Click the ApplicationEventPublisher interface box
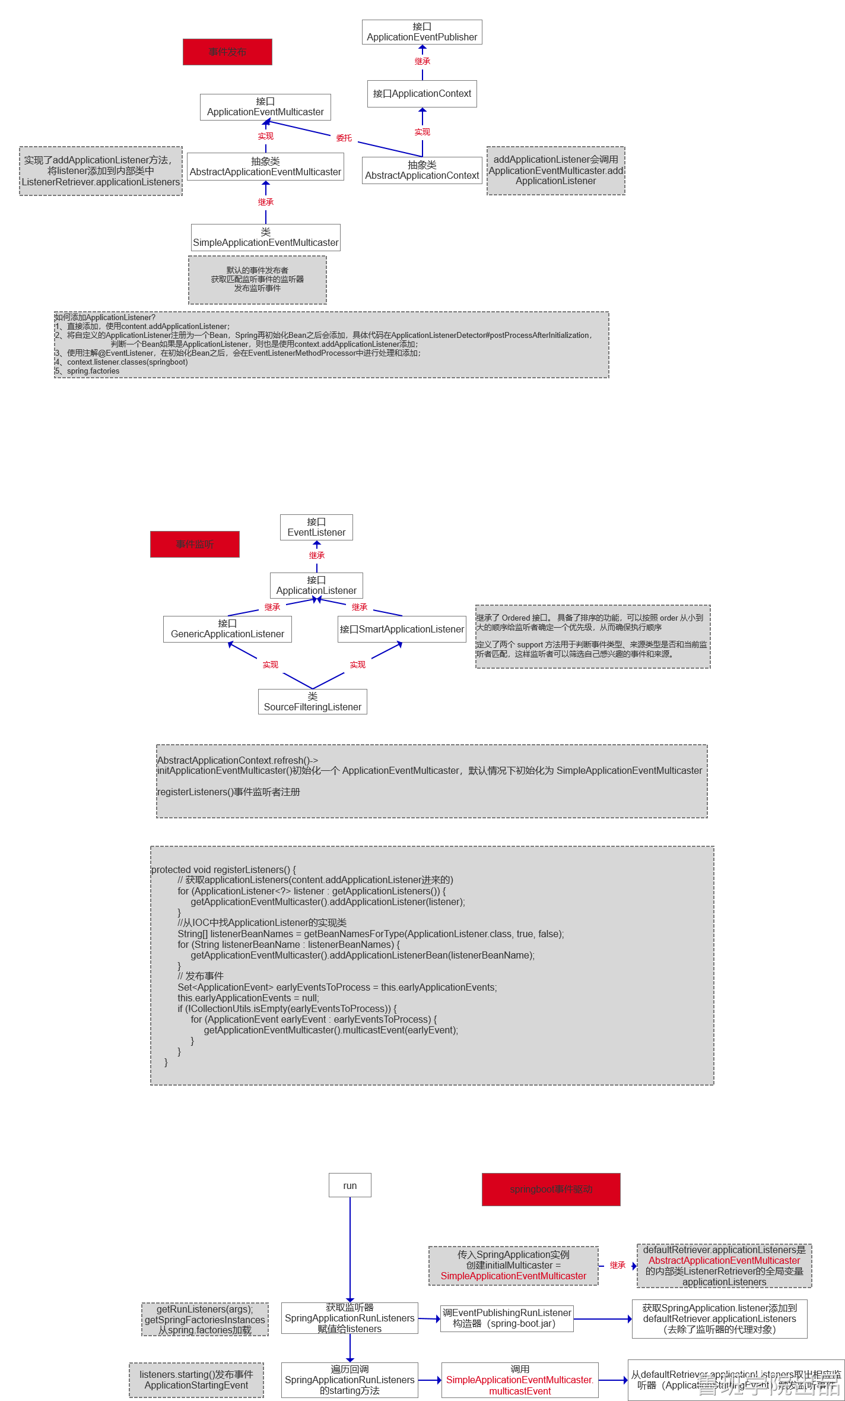(x=422, y=32)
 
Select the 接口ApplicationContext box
(x=422, y=94)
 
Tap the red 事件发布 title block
(x=227, y=52)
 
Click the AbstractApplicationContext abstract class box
(x=422, y=170)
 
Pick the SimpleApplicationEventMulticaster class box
(x=265, y=238)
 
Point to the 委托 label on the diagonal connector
(x=344, y=138)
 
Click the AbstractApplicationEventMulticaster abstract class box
(x=265, y=167)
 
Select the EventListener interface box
(x=316, y=527)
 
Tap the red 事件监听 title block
(x=195, y=544)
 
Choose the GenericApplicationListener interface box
(x=227, y=629)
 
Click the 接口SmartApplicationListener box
(x=402, y=629)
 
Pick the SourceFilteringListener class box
(x=312, y=701)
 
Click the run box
(x=350, y=1185)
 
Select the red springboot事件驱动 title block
(x=551, y=1189)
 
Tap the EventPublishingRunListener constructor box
(x=507, y=1318)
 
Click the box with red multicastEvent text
(x=520, y=1380)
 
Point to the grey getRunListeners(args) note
(x=205, y=1319)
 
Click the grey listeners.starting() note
(x=196, y=1380)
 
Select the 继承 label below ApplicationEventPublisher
(x=422, y=62)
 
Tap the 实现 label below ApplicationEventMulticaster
(x=266, y=137)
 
